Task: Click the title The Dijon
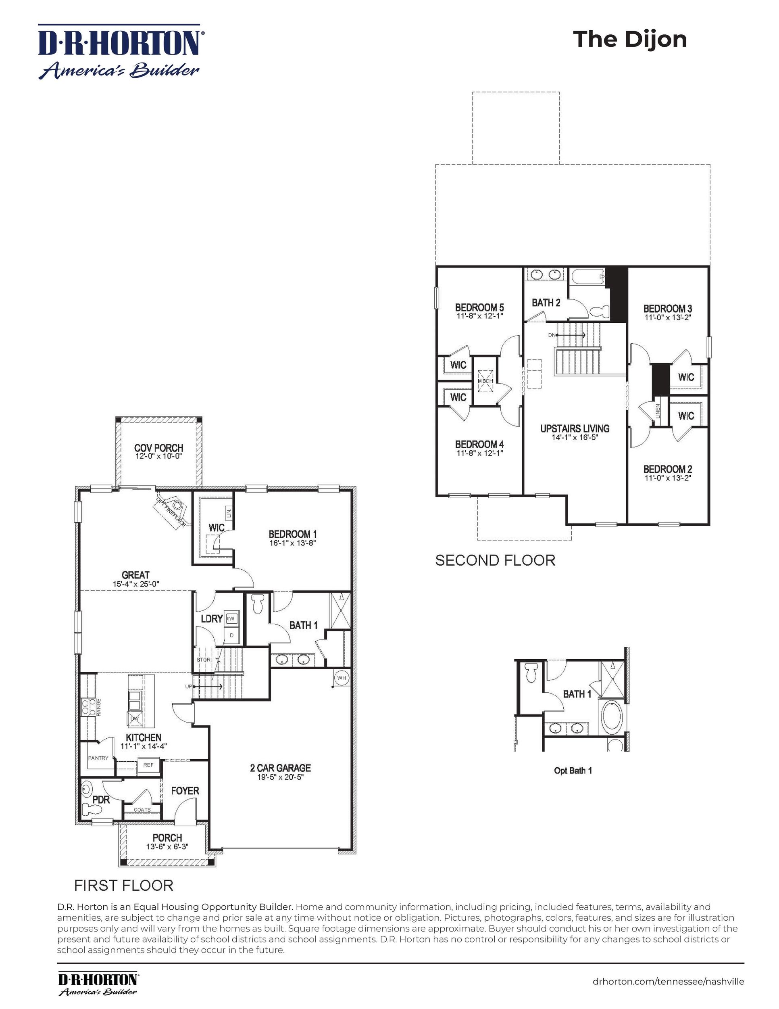[x=629, y=39]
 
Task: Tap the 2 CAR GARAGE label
[x=280, y=768]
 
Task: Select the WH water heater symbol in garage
[x=342, y=678]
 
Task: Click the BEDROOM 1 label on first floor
[x=293, y=534]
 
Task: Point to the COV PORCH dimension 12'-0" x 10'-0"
[x=158, y=456]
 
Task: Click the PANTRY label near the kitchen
[x=98, y=758]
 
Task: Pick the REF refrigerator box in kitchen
[x=148, y=765]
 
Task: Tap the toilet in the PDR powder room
[x=90, y=808]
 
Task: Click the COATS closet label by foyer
[x=142, y=809]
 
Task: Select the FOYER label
[x=185, y=791]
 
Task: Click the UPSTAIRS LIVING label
[x=575, y=428]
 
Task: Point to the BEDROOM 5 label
[x=479, y=307]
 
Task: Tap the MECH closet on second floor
[x=485, y=381]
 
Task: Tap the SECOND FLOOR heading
[x=495, y=560]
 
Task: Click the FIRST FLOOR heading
[x=124, y=886]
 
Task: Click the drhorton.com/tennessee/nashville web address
[x=668, y=978]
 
